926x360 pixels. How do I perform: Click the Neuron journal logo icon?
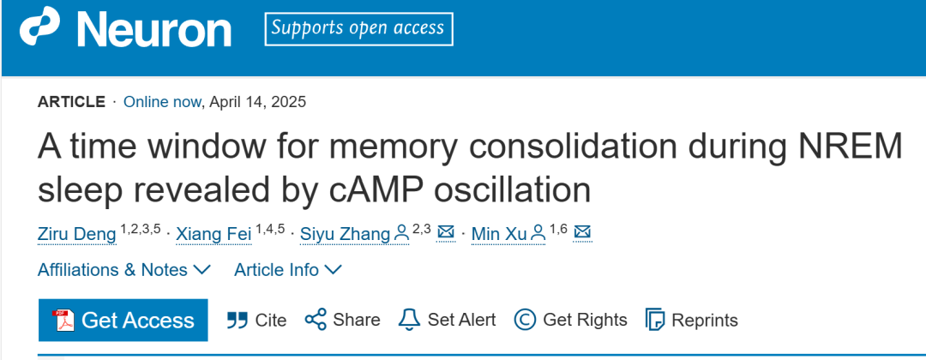39,29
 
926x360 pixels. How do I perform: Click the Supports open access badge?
358,28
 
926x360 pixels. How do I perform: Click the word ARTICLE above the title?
72,102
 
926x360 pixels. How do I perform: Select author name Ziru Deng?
76,233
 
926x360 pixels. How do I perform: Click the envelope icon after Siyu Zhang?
446,232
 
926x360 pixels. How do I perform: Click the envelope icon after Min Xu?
582,232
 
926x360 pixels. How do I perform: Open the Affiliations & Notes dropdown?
124,270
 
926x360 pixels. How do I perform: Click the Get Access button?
123,320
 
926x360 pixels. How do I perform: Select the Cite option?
256,320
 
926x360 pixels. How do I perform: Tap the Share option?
342,320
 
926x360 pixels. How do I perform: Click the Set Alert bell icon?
410,320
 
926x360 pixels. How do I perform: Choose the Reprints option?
691,320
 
